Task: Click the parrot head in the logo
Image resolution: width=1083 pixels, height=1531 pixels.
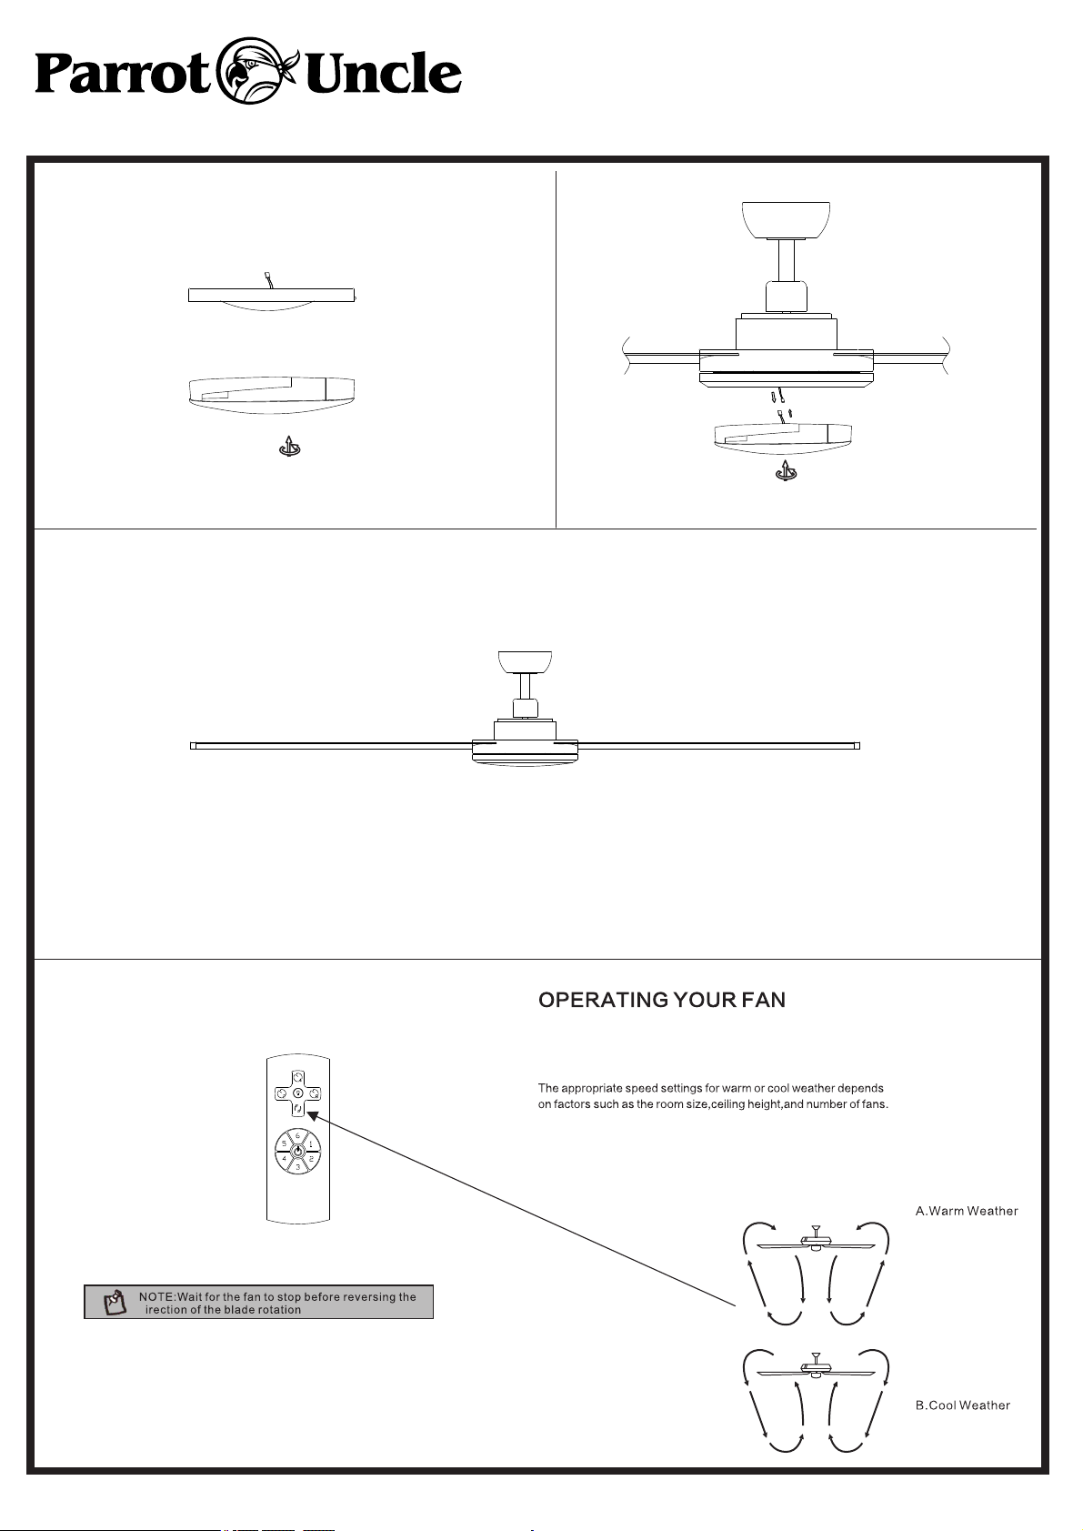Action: pos(257,70)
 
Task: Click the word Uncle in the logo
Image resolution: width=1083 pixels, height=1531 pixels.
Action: pos(383,73)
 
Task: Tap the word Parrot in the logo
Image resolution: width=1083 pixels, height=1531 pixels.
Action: pos(123,75)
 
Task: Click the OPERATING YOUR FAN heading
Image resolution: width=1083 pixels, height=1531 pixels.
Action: pos(661,1000)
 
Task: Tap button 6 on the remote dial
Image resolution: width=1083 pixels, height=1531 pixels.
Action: pos(298,1135)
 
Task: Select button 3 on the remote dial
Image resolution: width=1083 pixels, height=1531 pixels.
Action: pos(298,1167)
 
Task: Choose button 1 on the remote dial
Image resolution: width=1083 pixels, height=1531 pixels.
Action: pos(311,1143)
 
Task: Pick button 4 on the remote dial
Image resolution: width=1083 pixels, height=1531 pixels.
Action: pos(285,1159)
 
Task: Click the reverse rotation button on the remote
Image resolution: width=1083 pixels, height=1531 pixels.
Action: pos(298,1106)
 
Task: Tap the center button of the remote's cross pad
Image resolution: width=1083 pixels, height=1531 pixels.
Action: pos(298,1093)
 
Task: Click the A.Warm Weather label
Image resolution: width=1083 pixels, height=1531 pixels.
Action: pos(967,1211)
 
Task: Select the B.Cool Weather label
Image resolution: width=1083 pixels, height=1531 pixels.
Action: pos(962,1405)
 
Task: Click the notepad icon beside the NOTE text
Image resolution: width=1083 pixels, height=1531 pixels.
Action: pos(114,1302)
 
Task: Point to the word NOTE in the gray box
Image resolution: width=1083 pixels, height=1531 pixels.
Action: pos(157,1296)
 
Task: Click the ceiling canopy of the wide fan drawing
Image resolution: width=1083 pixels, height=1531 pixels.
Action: pos(525,661)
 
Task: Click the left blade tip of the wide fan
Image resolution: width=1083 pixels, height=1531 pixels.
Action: pos(194,746)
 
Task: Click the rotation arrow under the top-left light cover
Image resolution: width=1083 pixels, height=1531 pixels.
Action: pos(290,447)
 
